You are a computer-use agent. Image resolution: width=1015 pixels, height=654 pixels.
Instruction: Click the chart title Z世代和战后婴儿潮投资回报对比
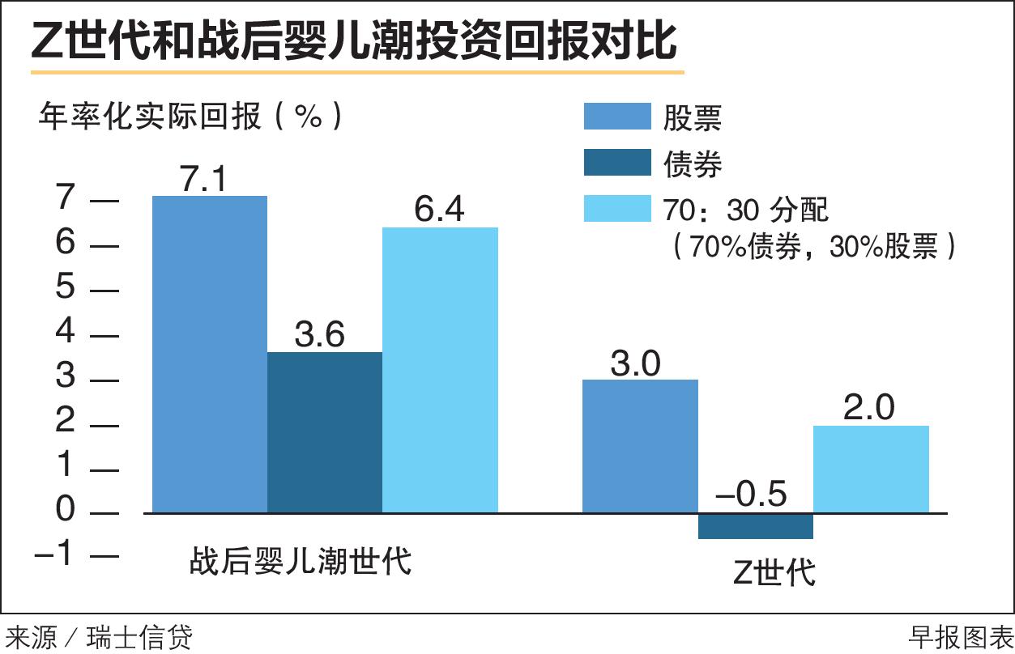[x=354, y=41]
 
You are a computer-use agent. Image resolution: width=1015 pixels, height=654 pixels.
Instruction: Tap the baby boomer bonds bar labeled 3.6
[x=325, y=432]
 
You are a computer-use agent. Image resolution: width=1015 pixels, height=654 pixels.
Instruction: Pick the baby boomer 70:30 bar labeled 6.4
[x=440, y=370]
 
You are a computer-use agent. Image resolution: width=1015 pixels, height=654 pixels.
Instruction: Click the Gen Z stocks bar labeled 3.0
[x=641, y=446]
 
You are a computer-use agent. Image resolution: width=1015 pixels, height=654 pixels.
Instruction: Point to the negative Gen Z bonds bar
[x=756, y=526]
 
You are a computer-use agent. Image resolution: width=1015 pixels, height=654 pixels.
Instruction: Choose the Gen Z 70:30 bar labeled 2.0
[x=871, y=469]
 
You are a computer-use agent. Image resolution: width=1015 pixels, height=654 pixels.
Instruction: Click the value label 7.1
[x=207, y=180]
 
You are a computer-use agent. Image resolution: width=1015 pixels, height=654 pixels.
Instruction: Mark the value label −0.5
[x=751, y=494]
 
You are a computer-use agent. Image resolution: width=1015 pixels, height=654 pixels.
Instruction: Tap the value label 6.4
[x=439, y=210]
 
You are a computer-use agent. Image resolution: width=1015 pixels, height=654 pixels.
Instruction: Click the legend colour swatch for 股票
[x=617, y=117]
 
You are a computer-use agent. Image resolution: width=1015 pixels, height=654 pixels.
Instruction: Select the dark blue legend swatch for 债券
[x=617, y=163]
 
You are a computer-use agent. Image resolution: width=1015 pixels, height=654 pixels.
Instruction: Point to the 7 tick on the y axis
[x=65, y=199]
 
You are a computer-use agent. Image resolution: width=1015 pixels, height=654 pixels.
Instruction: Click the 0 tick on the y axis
[x=65, y=512]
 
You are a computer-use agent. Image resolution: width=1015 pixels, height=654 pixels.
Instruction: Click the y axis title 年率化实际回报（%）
[x=190, y=117]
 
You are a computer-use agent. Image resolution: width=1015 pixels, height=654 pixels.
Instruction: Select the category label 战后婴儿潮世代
[x=301, y=560]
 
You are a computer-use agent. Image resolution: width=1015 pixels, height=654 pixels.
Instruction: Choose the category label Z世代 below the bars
[x=774, y=572]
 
